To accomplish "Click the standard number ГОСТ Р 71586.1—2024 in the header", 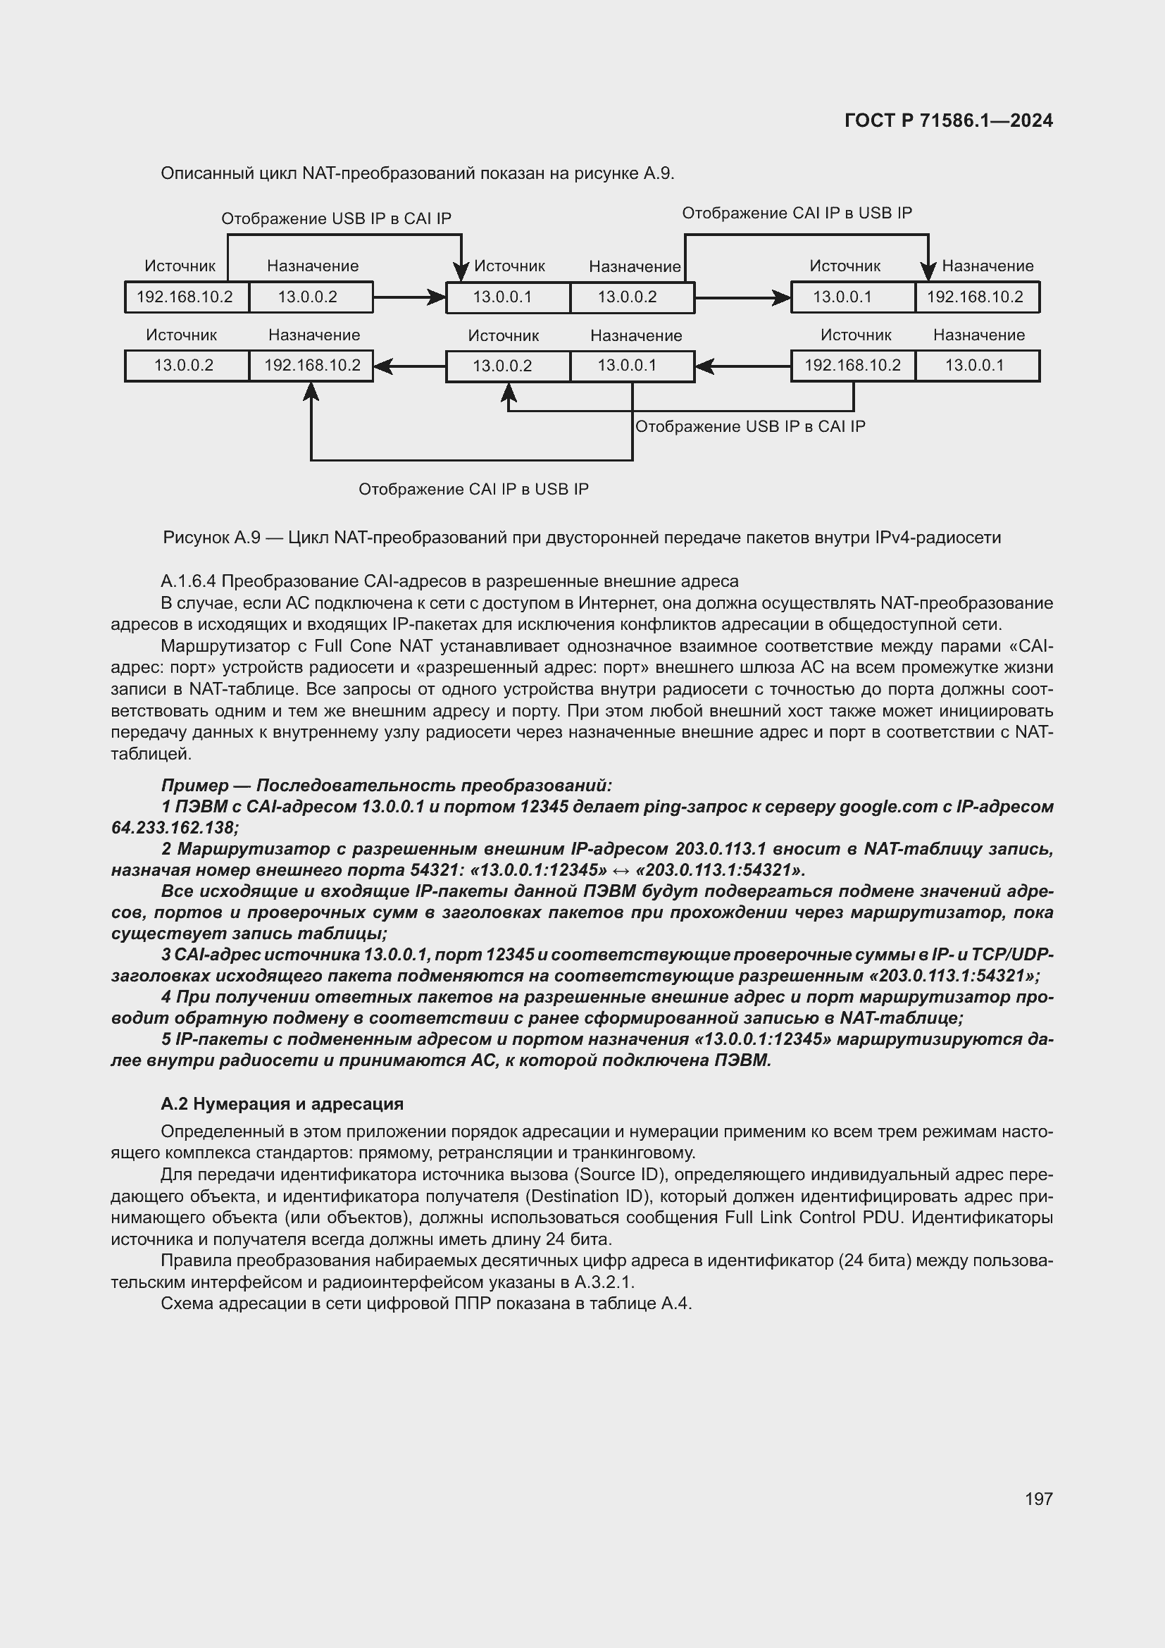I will tap(947, 120).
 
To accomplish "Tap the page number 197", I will tap(1038, 1499).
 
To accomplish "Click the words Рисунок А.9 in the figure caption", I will tap(211, 538).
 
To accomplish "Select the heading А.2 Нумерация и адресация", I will tap(282, 1104).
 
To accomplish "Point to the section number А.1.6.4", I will tap(189, 581).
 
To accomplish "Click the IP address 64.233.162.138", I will tap(174, 828).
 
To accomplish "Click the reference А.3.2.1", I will tap(604, 1282).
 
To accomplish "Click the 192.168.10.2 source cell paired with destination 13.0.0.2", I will tap(185, 297).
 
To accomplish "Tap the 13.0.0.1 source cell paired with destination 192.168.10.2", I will tap(842, 297).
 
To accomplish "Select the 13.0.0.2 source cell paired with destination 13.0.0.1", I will tap(502, 366).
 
